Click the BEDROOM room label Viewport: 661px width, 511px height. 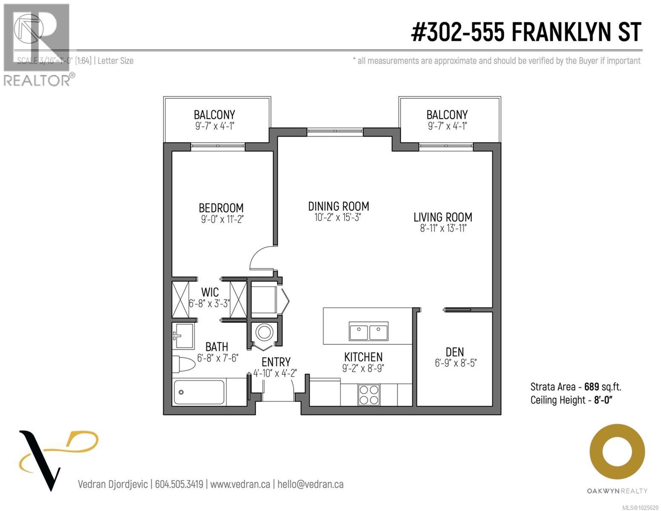(221, 208)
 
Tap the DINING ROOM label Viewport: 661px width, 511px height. (339, 206)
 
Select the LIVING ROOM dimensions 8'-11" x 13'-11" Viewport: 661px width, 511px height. (443, 229)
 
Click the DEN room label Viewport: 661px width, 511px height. (454, 352)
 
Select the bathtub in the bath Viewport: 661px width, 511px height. (199, 392)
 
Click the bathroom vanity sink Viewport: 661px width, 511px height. (183, 335)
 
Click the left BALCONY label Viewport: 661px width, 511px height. (214, 115)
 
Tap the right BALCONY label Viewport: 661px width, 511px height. (447, 115)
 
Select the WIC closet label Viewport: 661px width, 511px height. (210, 292)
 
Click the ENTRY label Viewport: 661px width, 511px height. (276, 362)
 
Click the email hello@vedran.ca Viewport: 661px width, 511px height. (310, 484)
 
